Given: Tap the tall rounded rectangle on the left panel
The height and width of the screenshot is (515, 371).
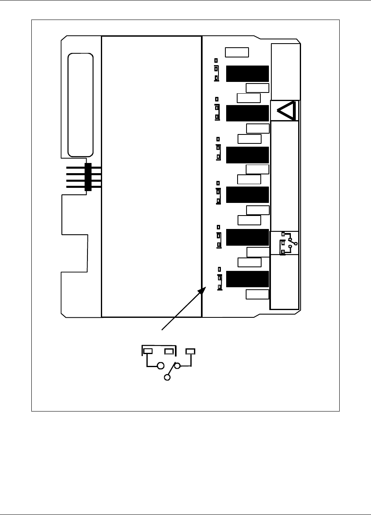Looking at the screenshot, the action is (80, 104).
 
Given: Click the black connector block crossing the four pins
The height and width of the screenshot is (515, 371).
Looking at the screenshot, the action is (87, 177).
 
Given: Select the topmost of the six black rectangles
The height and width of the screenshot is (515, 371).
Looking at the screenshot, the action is (247, 74).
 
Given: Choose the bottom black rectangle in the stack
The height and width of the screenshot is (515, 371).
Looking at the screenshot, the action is (247, 279).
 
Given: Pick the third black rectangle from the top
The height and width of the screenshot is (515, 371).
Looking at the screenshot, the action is (247, 155).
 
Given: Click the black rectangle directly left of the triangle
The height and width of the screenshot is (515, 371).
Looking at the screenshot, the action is (247, 113).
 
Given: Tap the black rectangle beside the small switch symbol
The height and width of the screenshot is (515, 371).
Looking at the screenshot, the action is (247, 238).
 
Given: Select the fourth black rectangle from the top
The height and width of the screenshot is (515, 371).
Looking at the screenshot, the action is (247, 195).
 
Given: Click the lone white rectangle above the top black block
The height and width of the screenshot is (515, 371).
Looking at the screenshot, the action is (237, 52).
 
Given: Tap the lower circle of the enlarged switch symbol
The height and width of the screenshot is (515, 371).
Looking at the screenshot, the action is (167, 378).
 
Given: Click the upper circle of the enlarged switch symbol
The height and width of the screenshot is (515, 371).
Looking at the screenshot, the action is (161, 365).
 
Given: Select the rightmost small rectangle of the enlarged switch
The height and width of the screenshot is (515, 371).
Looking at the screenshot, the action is (190, 351).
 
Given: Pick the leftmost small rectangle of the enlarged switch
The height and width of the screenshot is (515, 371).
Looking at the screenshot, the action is (148, 351).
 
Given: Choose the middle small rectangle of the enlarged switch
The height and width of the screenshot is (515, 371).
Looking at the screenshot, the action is (169, 351).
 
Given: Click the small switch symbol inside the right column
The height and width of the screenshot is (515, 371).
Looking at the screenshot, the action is (288, 243).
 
